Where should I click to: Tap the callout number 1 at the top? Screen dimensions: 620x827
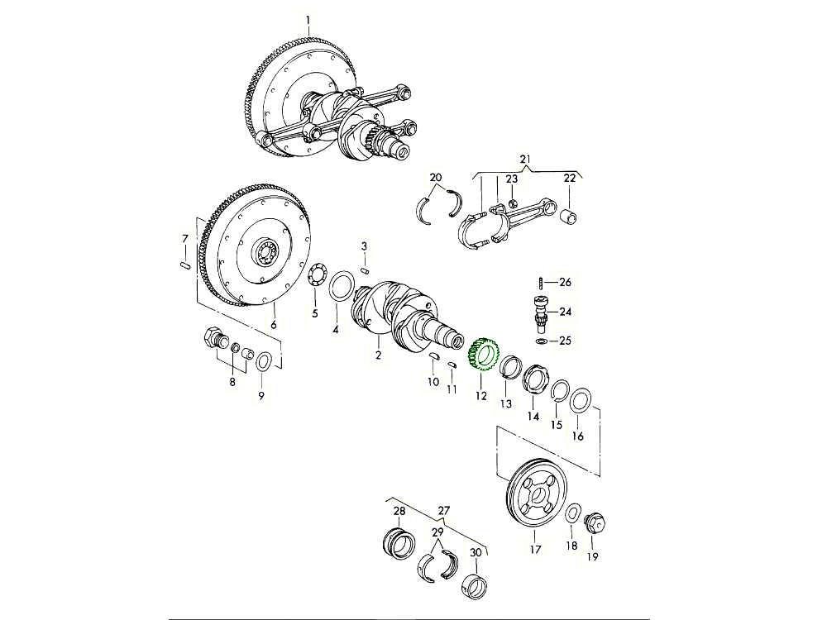click(308, 20)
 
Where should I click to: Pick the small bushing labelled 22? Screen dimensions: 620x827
click(570, 217)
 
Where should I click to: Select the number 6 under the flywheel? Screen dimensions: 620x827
click(273, 325)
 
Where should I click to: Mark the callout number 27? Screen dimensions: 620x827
click(444, 510)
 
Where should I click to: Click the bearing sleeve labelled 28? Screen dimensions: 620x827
click(401, 544)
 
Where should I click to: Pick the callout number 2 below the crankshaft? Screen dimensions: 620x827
click(378, 356)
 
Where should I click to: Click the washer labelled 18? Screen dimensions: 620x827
click(571, 515)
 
